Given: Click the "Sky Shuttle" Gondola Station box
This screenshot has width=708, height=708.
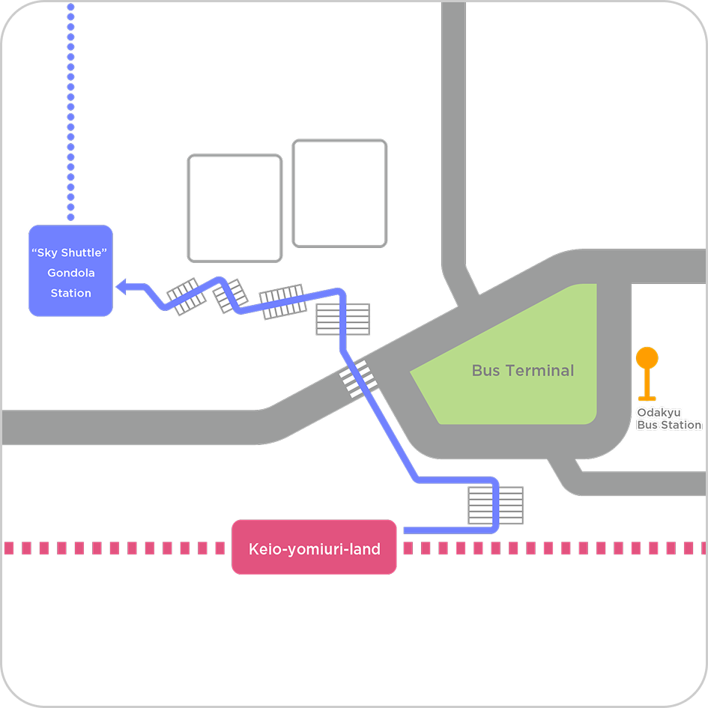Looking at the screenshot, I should pos(70,270).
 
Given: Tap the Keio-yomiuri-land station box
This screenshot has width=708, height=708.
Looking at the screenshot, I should pos(314,548).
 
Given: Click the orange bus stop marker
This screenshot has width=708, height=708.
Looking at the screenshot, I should pos(647,375).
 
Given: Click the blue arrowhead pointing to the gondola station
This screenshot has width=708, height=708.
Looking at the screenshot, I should pos(124,285).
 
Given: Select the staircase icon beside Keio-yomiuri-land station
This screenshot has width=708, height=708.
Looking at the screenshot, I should pos(495,505).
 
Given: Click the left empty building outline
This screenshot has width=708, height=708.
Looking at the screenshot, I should pos(235,208).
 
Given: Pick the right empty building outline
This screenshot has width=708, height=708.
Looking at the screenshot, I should pos(339,193).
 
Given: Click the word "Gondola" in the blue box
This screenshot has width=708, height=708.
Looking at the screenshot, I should pos(70,273).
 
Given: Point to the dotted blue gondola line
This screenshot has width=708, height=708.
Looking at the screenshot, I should pos(70,112).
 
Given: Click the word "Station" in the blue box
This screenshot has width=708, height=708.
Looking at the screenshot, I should pos(70,293).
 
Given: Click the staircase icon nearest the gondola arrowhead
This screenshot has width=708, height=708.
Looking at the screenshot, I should pos(185,297).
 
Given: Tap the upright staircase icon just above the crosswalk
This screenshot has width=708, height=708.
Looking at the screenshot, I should pos(342,319).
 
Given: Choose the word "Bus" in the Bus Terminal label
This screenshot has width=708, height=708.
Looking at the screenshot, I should pos(485,370).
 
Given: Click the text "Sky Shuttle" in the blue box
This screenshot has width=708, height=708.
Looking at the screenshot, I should pos(70,253).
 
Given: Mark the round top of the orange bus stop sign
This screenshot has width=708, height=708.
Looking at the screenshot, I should pos(647,357).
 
